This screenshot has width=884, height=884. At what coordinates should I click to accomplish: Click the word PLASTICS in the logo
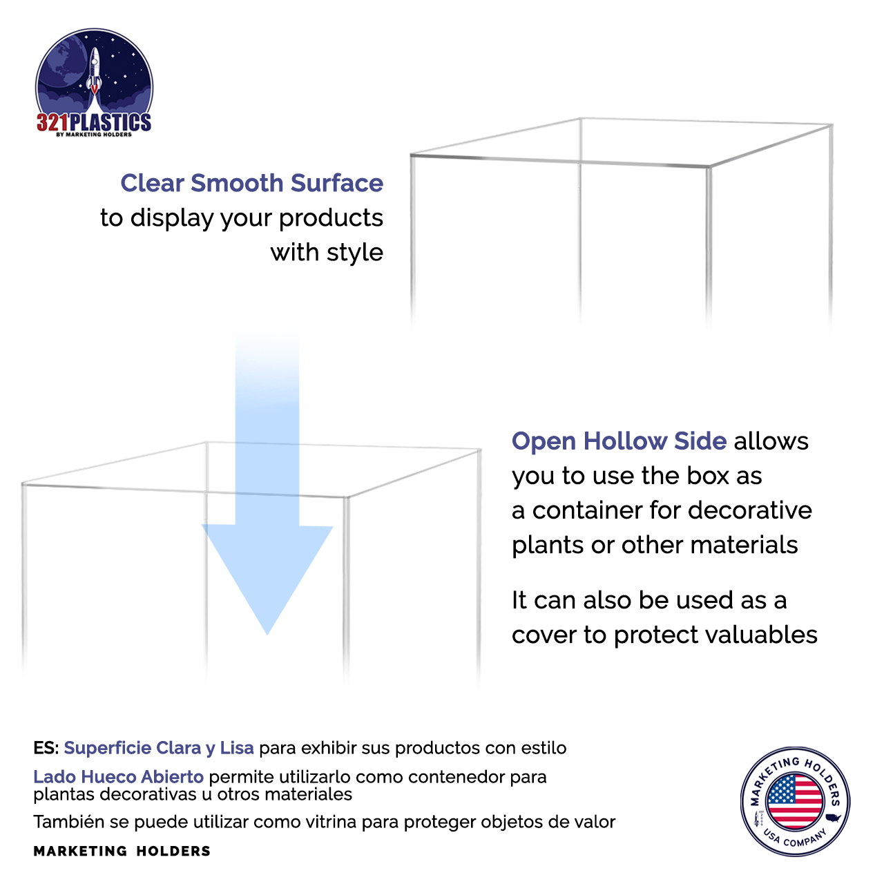coord(110,123)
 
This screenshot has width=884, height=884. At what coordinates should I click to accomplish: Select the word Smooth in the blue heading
coord(236,183)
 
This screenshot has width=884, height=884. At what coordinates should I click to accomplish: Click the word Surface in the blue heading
coord(336,183)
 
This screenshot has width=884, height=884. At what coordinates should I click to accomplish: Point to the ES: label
coord(46,748)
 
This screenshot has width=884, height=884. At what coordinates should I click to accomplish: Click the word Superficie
coord(108,748)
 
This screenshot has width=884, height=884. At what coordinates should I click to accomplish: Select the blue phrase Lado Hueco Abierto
coord(118,777)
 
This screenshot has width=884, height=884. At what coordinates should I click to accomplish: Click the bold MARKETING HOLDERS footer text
coord(122,851)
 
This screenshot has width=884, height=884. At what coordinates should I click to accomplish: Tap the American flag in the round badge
coord(795,801)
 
